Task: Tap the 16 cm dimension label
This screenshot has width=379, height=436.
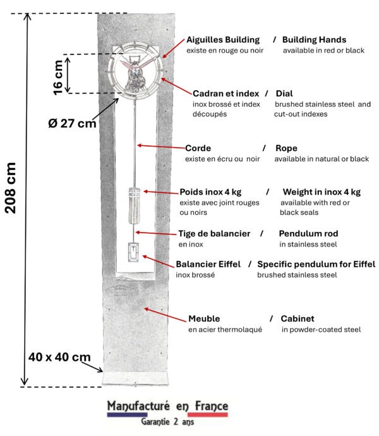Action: coord(58,77)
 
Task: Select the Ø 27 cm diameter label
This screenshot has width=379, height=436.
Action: coord(72,123)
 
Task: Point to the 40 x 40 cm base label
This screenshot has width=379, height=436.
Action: coord(59,357)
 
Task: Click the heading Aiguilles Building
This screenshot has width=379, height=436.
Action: coord(224,39)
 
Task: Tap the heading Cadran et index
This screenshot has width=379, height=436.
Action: coord(225,93)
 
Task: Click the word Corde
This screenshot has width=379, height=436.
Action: coord(198,148)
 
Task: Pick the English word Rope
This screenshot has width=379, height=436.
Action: coord(286,148)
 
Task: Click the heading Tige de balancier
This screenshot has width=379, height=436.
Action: coord(214,233)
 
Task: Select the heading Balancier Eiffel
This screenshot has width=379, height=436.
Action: coord(208,263)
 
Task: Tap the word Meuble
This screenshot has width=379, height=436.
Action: coord(205,318)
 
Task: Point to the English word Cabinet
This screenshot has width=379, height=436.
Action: coord(298,318)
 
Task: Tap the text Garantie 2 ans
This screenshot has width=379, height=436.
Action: coord(167,422)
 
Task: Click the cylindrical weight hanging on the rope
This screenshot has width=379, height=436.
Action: coord(134,205)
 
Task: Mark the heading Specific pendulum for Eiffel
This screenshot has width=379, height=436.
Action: coord(316,263)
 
